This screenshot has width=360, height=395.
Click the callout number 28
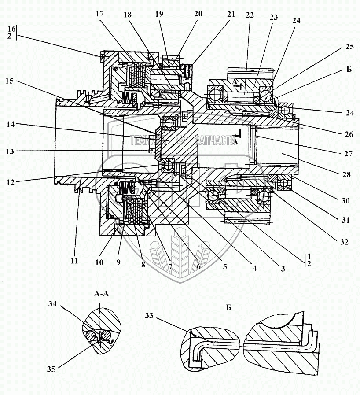345,174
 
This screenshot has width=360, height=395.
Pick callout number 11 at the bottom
73,260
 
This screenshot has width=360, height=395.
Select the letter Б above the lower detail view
228,307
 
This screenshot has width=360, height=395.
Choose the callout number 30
345,200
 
